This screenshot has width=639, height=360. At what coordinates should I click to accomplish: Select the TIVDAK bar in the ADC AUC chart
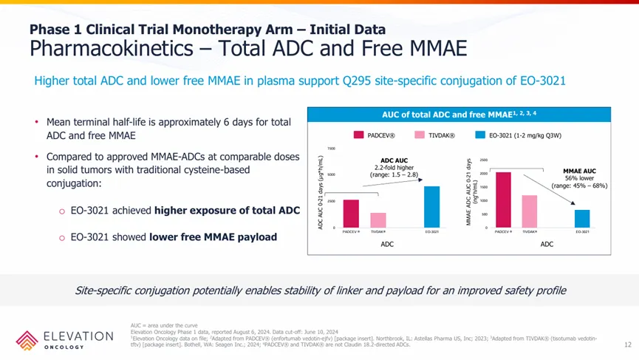point(377,220)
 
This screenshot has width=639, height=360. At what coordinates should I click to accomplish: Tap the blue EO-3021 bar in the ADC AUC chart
point(432,207)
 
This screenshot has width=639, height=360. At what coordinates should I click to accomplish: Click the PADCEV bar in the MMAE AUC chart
point(503,200)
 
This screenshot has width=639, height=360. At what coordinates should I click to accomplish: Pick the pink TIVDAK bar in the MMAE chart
point(529,211)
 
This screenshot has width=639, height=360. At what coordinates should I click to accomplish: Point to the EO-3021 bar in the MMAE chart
point(582,219)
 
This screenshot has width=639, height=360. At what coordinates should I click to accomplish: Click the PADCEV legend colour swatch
point(358,135)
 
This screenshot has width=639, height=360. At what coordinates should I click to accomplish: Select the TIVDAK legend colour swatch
point(419,135)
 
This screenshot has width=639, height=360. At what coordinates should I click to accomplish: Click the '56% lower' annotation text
point(579,178)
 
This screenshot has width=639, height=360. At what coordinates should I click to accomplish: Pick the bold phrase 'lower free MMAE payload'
point(213,237)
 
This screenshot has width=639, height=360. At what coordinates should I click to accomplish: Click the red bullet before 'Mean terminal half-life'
point(36,122)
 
